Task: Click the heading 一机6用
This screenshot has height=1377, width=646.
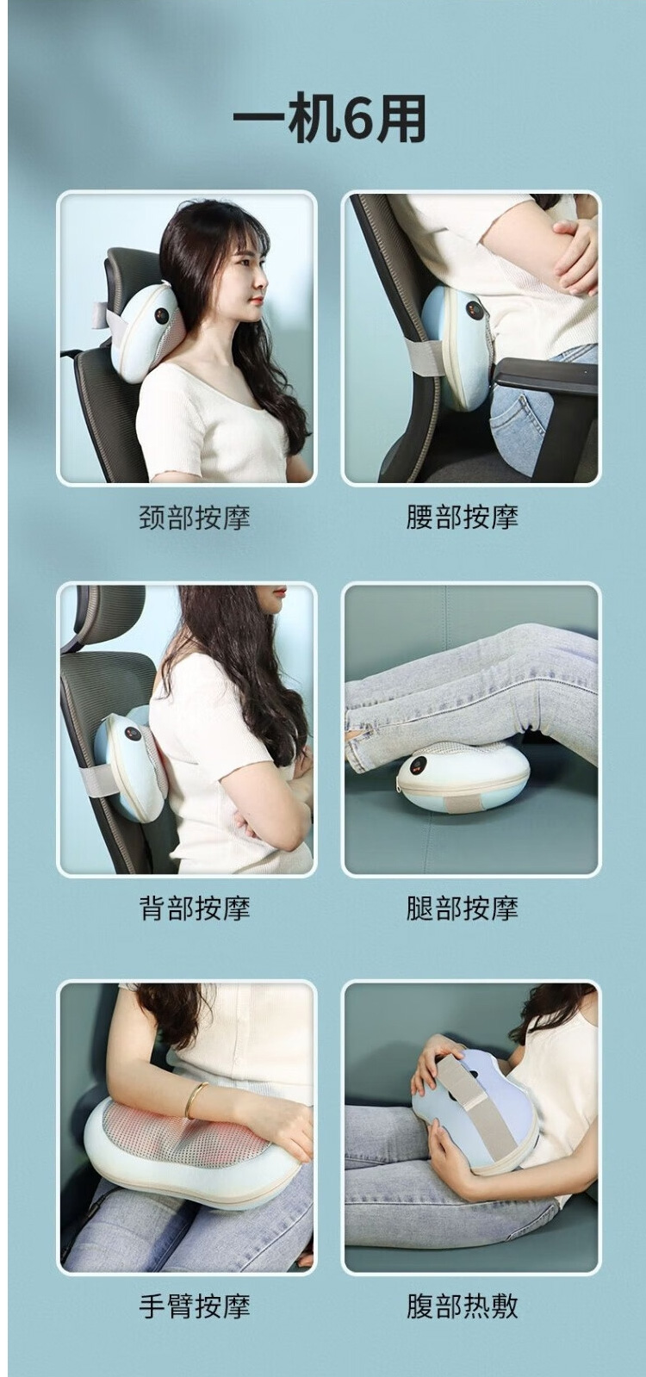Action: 329,117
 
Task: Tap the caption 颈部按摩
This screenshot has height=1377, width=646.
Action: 194,517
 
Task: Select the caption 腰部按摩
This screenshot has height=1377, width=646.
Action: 463,517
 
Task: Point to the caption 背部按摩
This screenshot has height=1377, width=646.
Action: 194,908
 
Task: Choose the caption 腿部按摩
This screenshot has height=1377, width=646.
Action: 463,908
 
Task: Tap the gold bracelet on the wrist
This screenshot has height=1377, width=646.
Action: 196,1100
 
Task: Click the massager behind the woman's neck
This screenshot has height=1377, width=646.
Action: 147,332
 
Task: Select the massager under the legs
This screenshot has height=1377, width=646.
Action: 463,776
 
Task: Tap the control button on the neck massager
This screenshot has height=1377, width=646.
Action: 162,315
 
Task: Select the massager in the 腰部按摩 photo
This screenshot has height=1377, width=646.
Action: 458,345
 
